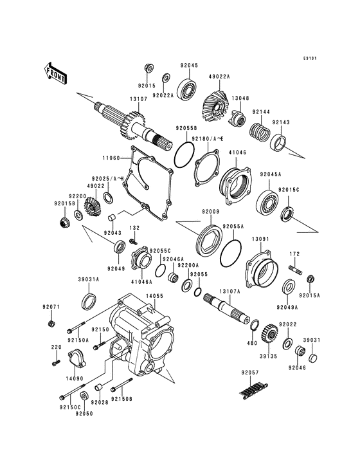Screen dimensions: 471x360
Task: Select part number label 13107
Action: point(139,100)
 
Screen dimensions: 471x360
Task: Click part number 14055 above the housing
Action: point(154,296)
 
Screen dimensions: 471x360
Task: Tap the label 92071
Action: point(51,307)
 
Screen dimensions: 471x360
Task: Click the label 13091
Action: point(260,239)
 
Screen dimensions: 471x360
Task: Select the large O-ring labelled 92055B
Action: point(184,154)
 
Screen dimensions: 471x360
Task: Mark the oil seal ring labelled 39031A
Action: point(89,300)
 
